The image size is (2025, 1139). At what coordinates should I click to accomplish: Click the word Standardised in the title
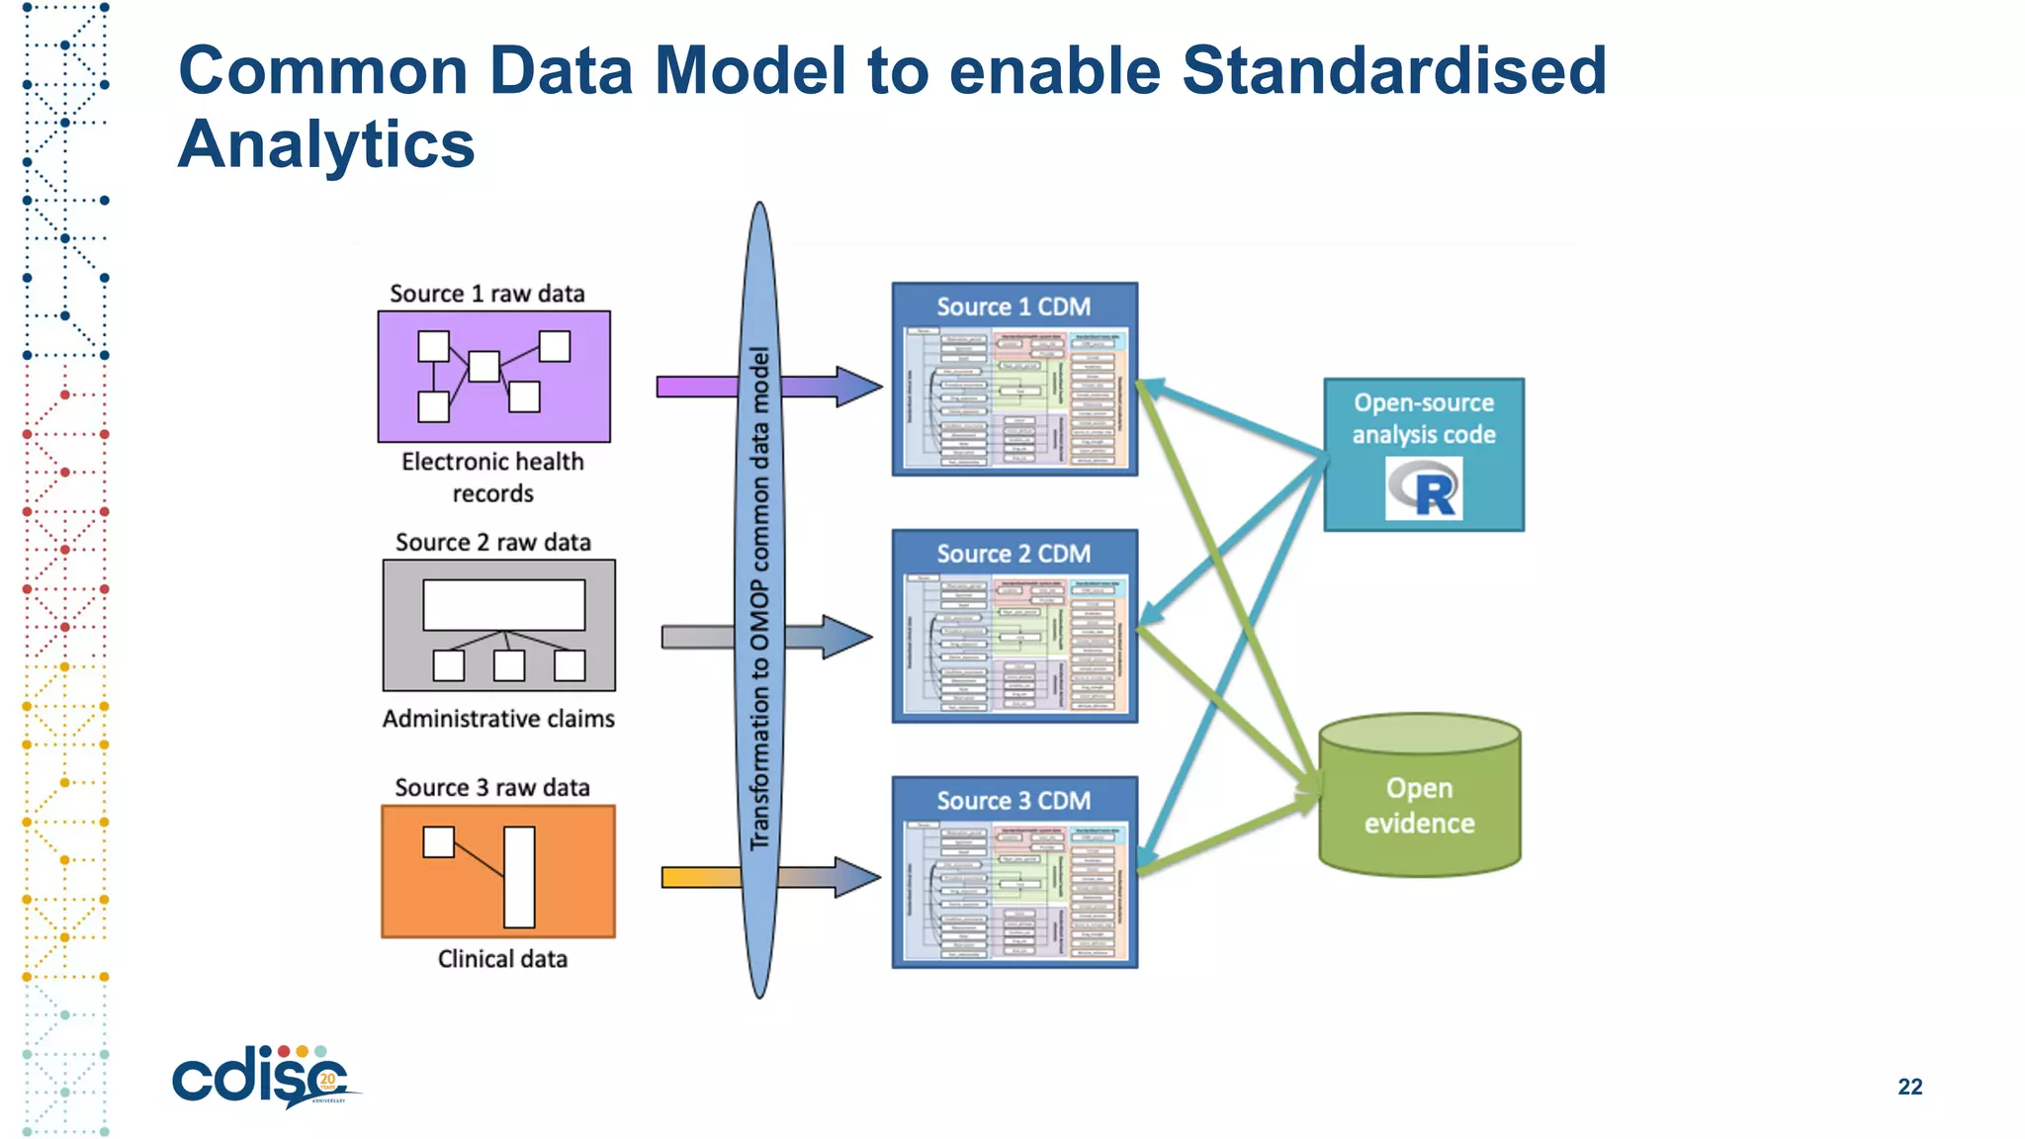pos(1393,71)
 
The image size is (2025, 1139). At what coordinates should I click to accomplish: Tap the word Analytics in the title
pos(326,144)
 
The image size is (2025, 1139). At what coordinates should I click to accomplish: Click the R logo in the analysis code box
pos(1424,488)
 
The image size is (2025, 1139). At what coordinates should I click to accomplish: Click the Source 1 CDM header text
pos(1013,307)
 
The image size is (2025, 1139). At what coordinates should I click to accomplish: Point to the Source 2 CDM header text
pos(1013,554)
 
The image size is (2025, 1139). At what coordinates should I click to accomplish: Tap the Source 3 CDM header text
pos(1013,800)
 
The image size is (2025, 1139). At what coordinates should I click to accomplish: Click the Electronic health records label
pos(492,477)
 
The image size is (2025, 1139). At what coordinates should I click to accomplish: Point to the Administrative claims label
pos(498,719)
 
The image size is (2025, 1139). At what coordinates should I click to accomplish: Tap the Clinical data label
pos(502,959)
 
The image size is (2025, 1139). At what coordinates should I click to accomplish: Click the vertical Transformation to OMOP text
pos(759,598)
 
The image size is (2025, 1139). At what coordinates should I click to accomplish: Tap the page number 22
pos(1909,1087)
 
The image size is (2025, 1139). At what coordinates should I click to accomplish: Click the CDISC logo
pos(262,1078)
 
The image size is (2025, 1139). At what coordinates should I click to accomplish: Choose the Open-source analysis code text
pos(1424,418)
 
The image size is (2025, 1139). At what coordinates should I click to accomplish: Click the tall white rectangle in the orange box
pos(519,877)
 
